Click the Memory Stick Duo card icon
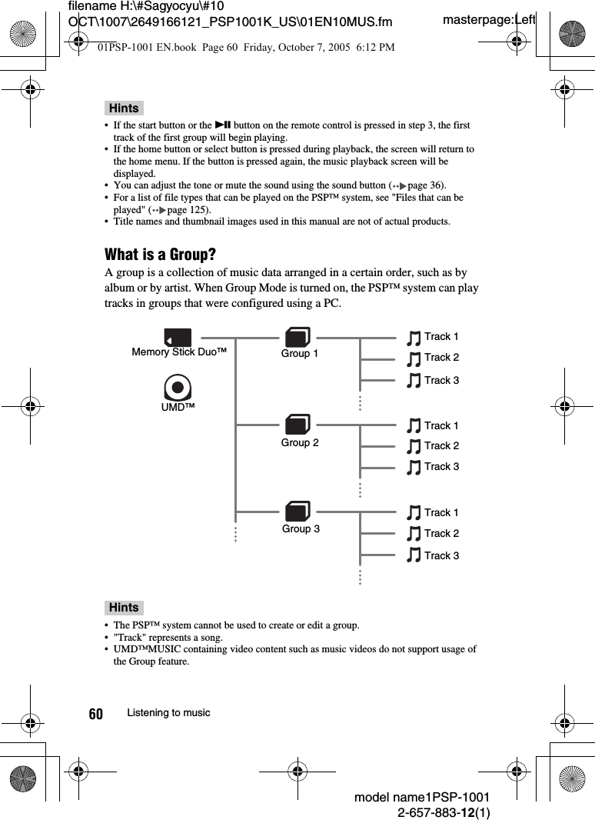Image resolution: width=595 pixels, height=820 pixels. (x=178, y=337)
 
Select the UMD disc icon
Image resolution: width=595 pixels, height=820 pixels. (x=178, y=387)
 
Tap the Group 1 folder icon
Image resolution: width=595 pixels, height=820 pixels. (x=297, y=337)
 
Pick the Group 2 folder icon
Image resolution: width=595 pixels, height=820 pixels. (x=297, y=425)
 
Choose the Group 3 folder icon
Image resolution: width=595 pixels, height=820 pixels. (x=297, y=512)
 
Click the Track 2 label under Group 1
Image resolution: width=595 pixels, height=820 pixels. (x=441, y=357)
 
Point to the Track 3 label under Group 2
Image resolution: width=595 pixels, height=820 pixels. (x=441, y=466)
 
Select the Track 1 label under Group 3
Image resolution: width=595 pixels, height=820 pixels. (x=441, y=512)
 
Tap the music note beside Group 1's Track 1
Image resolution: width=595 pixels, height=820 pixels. (x=414, y=338)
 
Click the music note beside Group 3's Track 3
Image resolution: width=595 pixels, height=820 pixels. (x=414, y=555)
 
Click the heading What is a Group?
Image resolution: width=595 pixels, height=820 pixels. (x=160, y=255)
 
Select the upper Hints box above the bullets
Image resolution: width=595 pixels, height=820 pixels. (x=125, y=108)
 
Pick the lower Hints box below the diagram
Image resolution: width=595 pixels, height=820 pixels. (x=125, y=608)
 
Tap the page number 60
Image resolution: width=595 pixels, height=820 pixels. (x=95, y=714)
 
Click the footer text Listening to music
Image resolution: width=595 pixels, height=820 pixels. (x=168, y=713)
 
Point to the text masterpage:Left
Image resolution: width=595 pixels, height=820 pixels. (x=488, y=19)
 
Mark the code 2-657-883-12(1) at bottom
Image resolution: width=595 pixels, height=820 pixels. (x=444, y=812)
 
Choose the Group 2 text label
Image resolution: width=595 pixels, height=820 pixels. (x=300, y=443)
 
